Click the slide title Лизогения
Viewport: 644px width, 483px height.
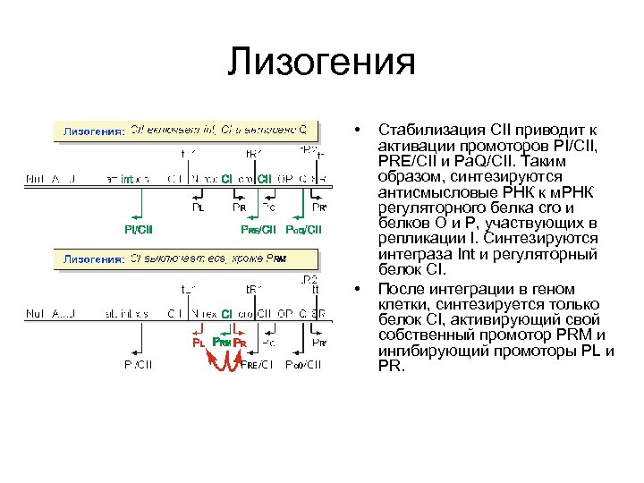(321, 63)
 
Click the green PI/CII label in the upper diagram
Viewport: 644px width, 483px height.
(139, 229)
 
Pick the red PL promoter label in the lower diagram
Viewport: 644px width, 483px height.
(199, 342)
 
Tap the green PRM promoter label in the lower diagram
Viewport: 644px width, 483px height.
(221, 342)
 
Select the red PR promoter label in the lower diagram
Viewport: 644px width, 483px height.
(240, 342)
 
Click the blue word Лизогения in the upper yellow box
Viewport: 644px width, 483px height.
(92, 131)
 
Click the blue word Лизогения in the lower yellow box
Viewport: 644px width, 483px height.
(92, 260)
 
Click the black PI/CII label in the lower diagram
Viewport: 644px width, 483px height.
(139, 364)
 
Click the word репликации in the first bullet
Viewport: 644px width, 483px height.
(417, 239)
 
